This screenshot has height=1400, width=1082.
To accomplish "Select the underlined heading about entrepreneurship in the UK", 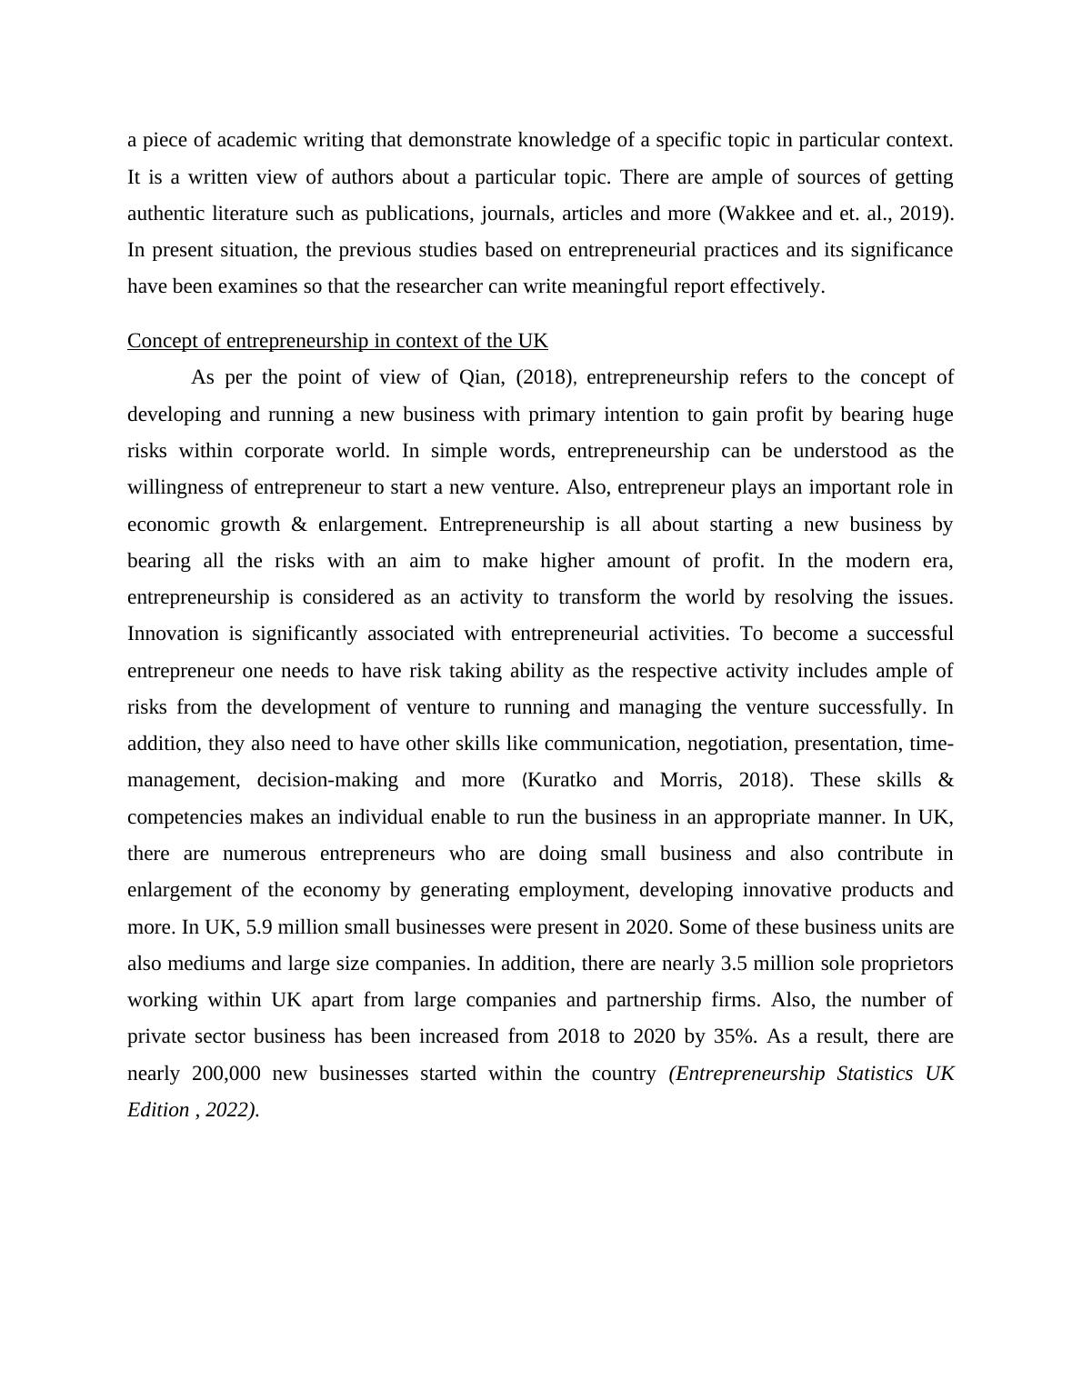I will [x=337, y=341].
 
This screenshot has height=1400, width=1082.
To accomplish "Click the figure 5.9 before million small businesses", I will [x=259, y=927].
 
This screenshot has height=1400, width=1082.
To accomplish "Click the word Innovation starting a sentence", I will [x=173, y=634].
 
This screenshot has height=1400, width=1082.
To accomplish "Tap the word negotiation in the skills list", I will [x=736, y=744].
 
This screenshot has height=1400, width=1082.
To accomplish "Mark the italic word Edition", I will [x=158, y=1110].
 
